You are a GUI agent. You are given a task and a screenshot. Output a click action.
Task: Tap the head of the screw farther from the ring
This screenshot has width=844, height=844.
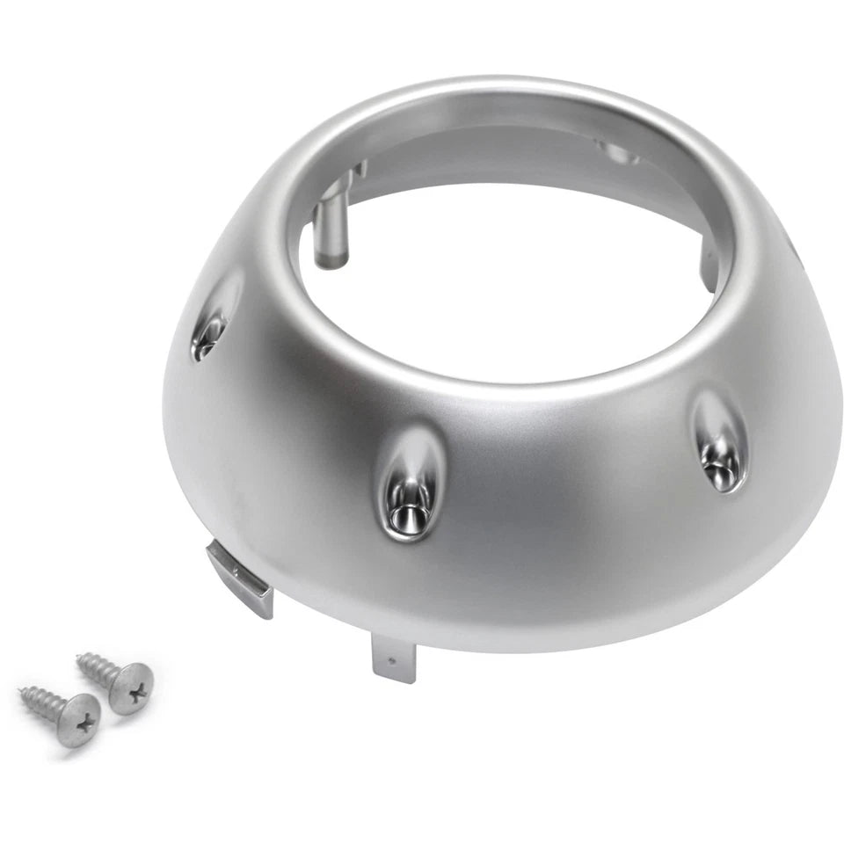point(77,719)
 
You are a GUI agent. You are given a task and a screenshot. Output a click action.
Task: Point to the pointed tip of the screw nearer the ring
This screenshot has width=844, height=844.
point(79,656)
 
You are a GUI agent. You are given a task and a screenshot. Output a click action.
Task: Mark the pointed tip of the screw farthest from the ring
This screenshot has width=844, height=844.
point(21,690)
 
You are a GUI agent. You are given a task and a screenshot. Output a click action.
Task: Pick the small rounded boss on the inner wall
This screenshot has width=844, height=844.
point(619,153)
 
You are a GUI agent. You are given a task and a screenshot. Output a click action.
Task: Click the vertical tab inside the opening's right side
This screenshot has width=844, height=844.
point(708,268)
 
